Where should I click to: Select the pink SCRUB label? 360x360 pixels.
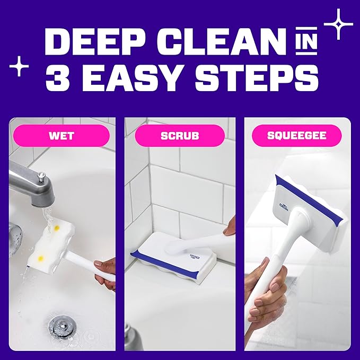pos(180,136)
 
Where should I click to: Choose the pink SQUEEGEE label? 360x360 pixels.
pos(296,136)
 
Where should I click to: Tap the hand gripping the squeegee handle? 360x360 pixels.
pos(268,297)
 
